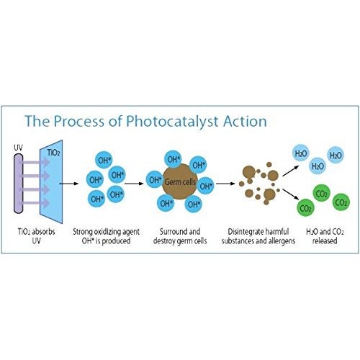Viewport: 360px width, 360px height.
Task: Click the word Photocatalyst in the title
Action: (172, 122)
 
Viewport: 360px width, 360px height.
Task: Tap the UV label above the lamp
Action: (18, 148)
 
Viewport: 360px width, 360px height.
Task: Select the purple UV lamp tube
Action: (18, 184)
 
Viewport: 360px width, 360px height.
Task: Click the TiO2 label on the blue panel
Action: (53, 153)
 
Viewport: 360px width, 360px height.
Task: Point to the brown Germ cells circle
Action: (180, 181)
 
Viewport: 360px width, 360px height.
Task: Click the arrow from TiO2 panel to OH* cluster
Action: (69, 184)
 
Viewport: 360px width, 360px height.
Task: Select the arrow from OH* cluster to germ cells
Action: (134, 184)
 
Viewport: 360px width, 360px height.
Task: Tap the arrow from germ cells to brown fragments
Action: (225, 184)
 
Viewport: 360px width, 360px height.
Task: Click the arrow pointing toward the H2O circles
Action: (291, 171)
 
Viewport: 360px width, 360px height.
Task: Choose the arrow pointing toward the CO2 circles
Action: (291, 194)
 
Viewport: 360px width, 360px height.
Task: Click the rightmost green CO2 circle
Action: (341, 202)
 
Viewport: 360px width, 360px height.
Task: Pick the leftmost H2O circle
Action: (301, 153)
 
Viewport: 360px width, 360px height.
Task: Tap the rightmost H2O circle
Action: (336, 155)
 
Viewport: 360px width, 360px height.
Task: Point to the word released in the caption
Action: (325, 240)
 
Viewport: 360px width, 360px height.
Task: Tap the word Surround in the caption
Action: (171, 232)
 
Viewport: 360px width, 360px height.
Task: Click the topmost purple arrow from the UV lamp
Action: (35, 163)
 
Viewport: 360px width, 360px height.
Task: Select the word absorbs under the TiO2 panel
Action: (43, 232)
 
